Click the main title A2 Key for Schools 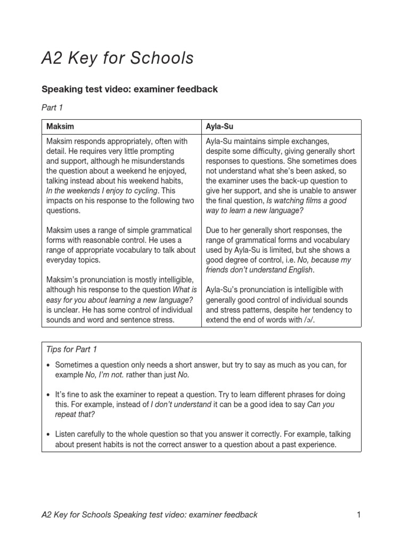pos(117,58)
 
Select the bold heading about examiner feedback pos(129,89)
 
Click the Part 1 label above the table pos(52,108)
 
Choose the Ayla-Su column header pos(219,127)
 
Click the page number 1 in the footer pos(358,515)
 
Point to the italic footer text pos(150,515)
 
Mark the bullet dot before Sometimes pos(48,365)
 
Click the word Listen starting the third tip pos(67,434)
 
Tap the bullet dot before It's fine pos(48,395)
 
